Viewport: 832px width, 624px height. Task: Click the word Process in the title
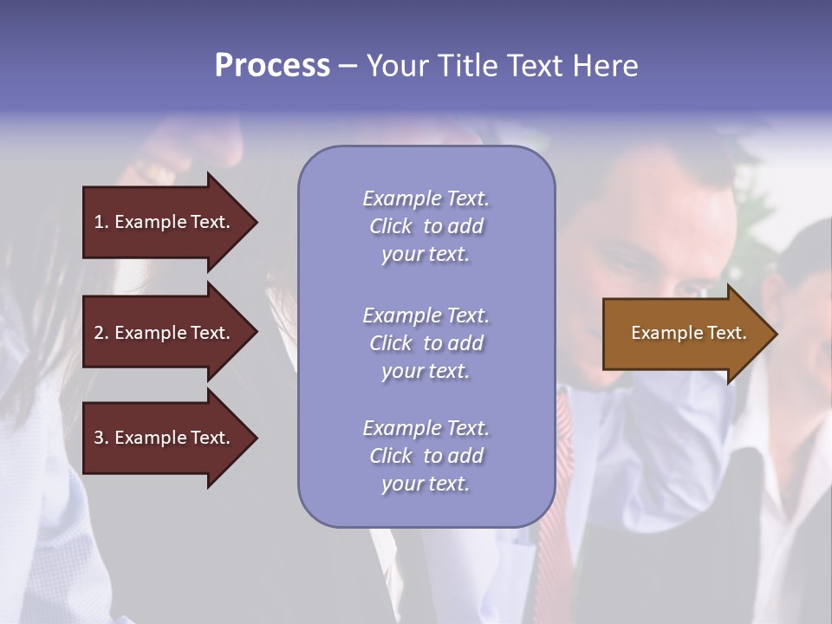tap(272, 66)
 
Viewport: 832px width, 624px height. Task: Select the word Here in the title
tap(605, 66)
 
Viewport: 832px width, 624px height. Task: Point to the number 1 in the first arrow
tap(98, 222)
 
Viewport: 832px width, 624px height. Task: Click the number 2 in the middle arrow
tap(98, 333)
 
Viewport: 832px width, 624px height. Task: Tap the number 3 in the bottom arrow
tap(98, 438)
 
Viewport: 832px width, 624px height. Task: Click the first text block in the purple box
tap(426, 226)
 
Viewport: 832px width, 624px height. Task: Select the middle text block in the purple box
tap(426, 343)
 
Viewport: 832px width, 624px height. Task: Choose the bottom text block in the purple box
tap(426, 456)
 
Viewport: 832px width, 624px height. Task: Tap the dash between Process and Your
tap(348, 67)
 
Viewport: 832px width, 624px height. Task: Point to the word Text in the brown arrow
tap(726, 333)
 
